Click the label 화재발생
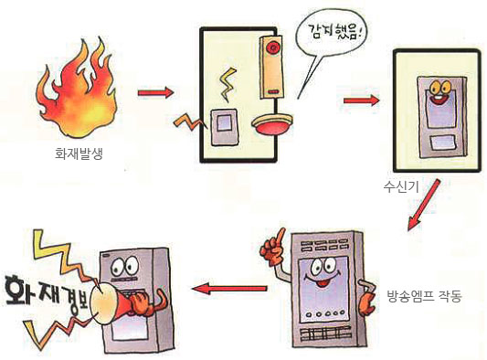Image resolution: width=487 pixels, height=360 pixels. coord(79,154)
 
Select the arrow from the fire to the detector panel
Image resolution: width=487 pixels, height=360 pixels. coord(155,92)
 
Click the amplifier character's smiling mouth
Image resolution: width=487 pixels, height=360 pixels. coord(319,281)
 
